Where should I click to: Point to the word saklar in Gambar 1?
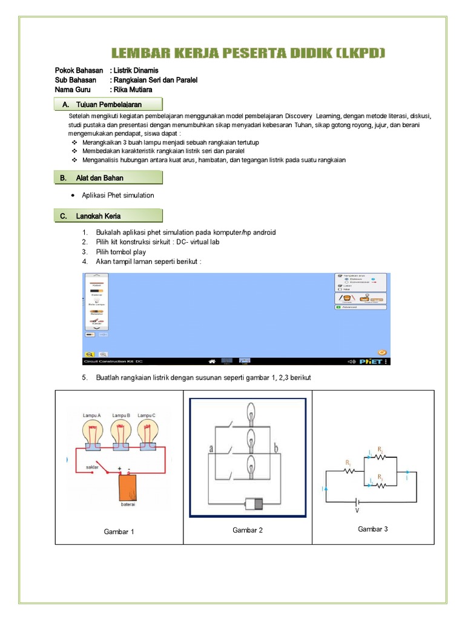[93, 467]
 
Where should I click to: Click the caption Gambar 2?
[248, 530]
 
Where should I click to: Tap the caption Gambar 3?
[372, 529]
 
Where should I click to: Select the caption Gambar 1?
[119, 532]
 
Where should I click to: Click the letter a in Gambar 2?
[211, 449]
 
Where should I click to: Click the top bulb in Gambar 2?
[250, 416]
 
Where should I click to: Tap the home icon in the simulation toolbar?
[212, 361]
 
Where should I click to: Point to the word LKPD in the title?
[361, 54]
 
